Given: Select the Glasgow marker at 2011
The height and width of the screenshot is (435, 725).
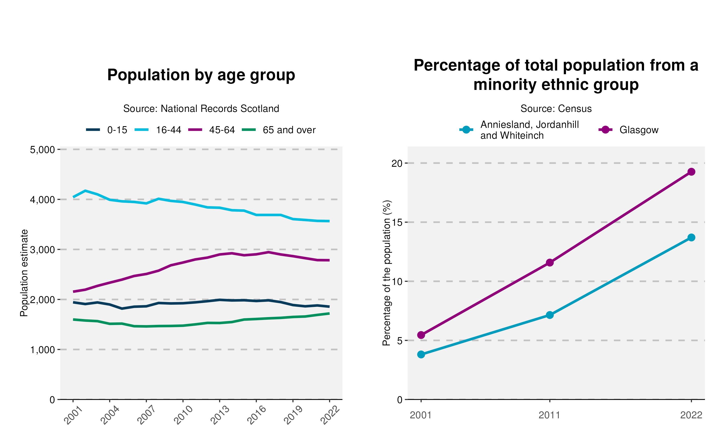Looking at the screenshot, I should pos(550,263).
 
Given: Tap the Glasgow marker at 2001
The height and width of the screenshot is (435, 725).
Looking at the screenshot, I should pos(421,335).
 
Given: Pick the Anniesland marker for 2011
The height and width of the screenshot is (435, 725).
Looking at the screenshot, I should pos(550,315).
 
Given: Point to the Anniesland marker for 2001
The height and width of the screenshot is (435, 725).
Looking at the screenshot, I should pos(421,354).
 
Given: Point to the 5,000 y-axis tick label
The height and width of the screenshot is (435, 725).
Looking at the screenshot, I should pos(43,150).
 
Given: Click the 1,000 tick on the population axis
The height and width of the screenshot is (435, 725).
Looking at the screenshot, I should pos(43,350).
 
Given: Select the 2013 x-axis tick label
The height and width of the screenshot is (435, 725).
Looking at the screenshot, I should pos(220,415).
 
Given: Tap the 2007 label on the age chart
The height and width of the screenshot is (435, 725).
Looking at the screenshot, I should pos(146,415).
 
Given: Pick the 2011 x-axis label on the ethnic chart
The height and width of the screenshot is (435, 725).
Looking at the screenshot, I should pos(550,415).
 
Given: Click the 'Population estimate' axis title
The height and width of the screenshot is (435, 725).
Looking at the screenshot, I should pos(24,273).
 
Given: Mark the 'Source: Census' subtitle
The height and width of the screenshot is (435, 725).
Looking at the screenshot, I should pos(556,109).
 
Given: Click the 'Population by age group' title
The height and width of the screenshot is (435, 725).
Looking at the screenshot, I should pos(201,75).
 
